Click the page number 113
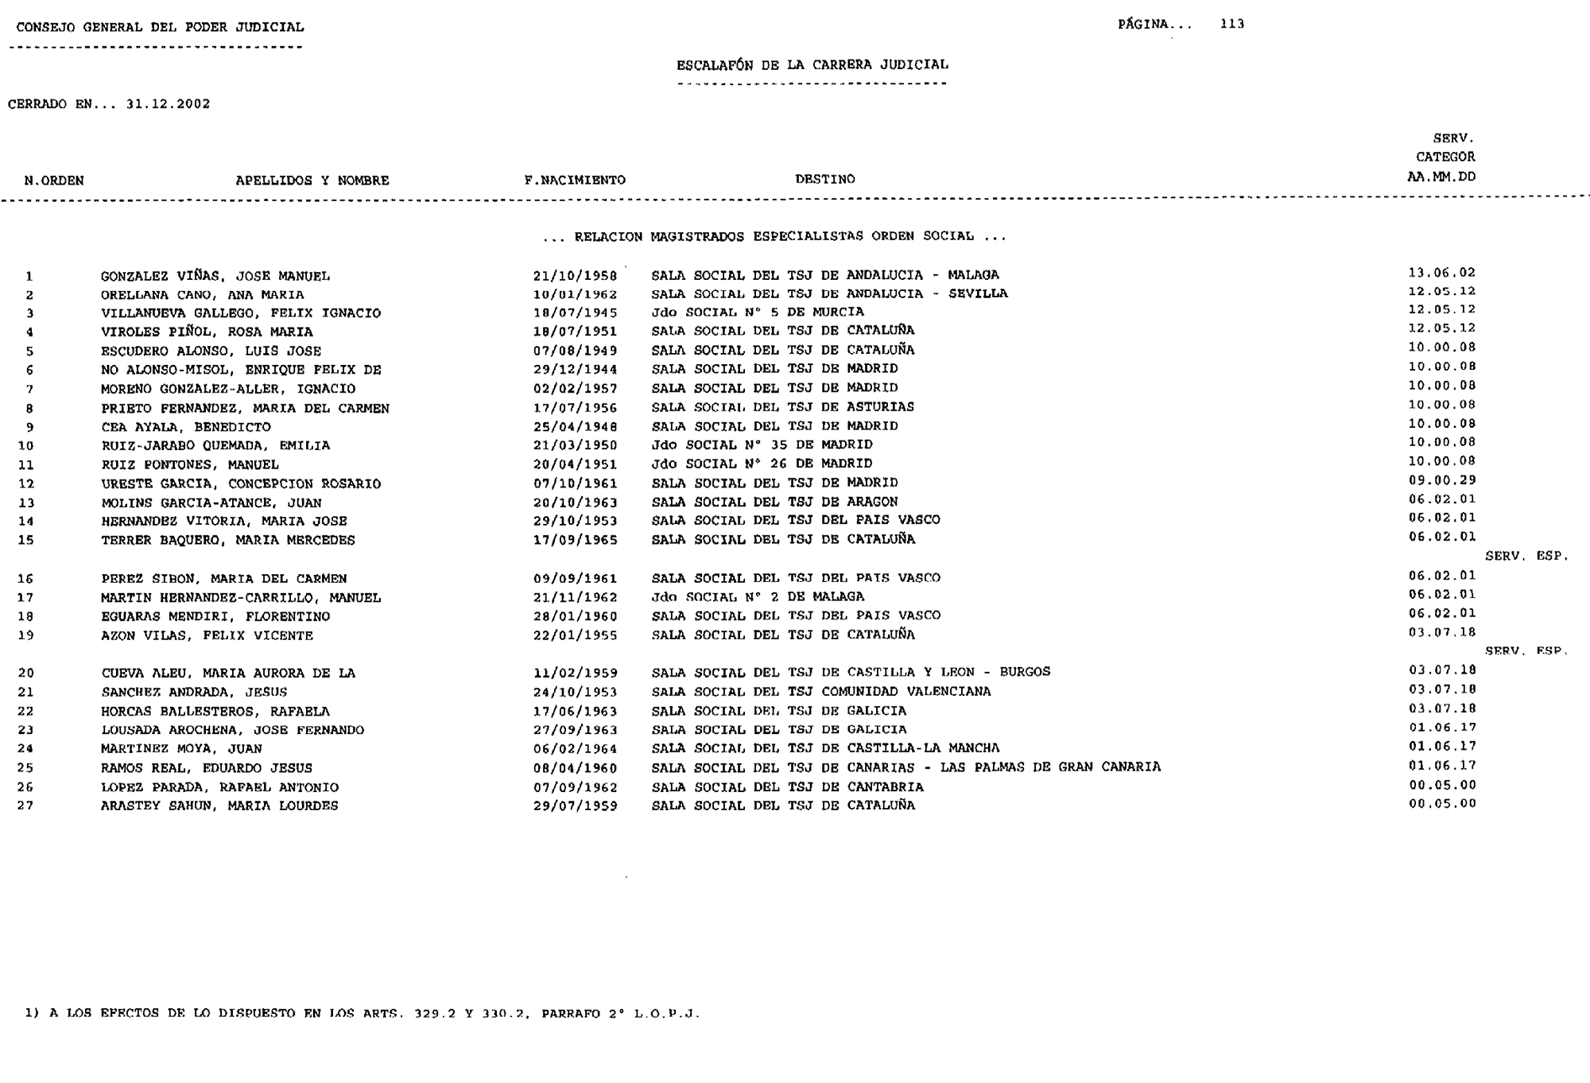pos(1231,24)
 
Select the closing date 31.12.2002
pos(168,104)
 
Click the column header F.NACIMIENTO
pos(575,180)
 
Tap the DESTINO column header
pos(824,180)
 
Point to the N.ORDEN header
pos(54,180)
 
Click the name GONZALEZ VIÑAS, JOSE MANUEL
pos(215,277)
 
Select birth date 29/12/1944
pos(575,370)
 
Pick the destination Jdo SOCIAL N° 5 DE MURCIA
pos(757,312)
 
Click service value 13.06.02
pos(1441,273)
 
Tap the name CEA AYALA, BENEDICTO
pos(185,427)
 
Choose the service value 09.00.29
pos(1441,480)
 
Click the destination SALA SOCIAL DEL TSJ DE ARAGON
pos(774,502)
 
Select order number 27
pos(26,805)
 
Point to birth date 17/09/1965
pos(575,540)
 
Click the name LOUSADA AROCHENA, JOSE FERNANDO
pos(232,730)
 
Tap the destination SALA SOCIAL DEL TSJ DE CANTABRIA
pos(787,787)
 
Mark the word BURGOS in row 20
pos(1025,672)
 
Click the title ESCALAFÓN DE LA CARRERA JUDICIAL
pos(812,65)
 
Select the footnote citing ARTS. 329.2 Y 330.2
pos(363,1014)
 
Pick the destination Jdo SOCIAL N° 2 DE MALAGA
pos(757,597)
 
